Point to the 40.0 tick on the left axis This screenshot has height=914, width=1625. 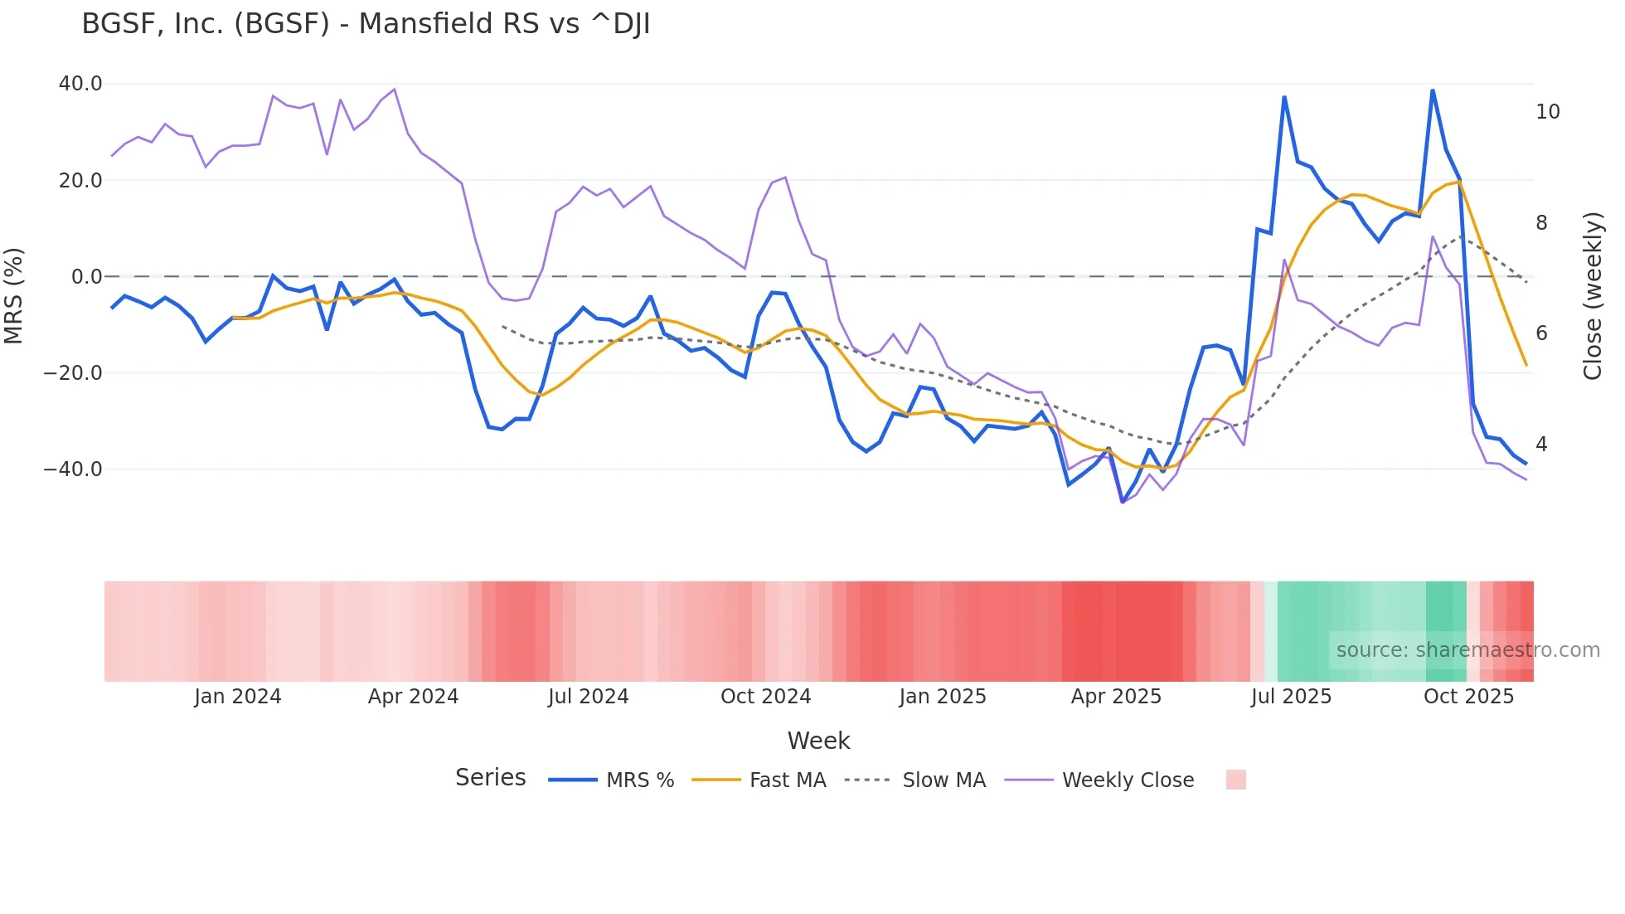(80, 84)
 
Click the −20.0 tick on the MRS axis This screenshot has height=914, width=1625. (73, 373)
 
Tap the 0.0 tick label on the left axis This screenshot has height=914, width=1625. (87, 277)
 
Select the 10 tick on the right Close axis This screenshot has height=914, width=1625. (1547, 112)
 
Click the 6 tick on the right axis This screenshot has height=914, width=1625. (1541, 333)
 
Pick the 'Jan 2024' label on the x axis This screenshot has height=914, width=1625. (238, 697)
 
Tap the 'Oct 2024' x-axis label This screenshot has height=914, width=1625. (765, 697)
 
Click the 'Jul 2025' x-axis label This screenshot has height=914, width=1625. (1291, 697)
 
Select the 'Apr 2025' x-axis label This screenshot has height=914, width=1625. (1116, 697)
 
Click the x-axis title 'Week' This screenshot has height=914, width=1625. (818, 741)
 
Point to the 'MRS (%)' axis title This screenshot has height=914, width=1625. (14, 296)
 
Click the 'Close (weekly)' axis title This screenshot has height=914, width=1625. (1592, 296)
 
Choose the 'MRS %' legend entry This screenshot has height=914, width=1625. (639, 780)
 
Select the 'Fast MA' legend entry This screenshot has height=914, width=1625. (787, 780)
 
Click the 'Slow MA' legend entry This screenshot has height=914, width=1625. (943, 780)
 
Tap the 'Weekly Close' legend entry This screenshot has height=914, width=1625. (1128, 780)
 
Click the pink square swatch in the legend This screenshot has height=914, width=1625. (1235, 780)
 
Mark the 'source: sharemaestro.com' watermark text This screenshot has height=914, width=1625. (1467, 650)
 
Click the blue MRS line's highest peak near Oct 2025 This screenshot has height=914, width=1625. (1432, 90)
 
